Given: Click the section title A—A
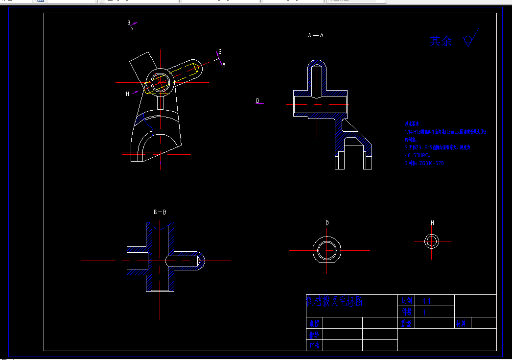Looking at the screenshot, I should point(316,35).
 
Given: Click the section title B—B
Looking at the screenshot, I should point(160,212).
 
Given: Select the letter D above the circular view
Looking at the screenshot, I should point(327,223).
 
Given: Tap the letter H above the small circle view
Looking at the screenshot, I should point(432,223).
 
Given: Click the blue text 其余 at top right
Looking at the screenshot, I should point(441,41).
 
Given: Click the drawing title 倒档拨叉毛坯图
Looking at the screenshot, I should point(335,301).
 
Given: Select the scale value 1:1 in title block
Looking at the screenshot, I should point(426,301).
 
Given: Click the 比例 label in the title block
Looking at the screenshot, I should point(407,301).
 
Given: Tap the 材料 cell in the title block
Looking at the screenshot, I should point(461,323).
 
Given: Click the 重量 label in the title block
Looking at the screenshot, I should point(406,323).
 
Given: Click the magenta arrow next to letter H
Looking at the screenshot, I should point(135,92).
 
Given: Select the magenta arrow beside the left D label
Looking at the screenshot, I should point(261,103).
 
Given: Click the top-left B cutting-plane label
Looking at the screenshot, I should point(129,23).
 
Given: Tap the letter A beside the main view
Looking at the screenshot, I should point(224,64).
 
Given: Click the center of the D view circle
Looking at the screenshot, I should point(327,250).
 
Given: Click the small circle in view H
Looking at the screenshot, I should point(432,241).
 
